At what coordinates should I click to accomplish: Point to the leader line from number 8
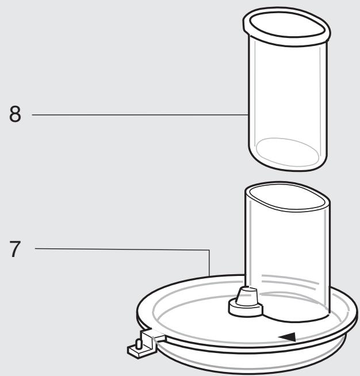[x=138, y=115]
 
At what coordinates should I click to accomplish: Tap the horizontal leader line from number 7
[x=121, y=249]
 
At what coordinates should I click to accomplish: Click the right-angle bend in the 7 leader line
[x=209, y=250]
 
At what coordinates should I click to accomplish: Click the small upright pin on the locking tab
[x=137, y=345]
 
